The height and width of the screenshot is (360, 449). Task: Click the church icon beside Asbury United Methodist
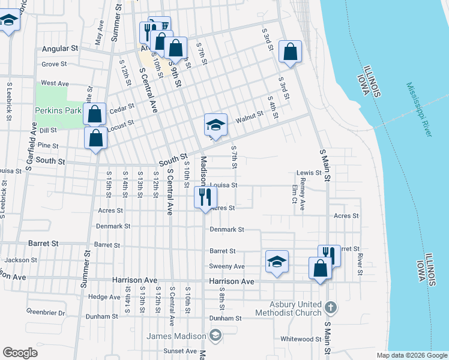point(330,308)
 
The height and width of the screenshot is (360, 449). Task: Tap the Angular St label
point(61,48)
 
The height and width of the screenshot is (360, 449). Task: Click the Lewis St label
point(309,173)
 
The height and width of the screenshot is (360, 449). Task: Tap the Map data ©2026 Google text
point(412,355)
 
